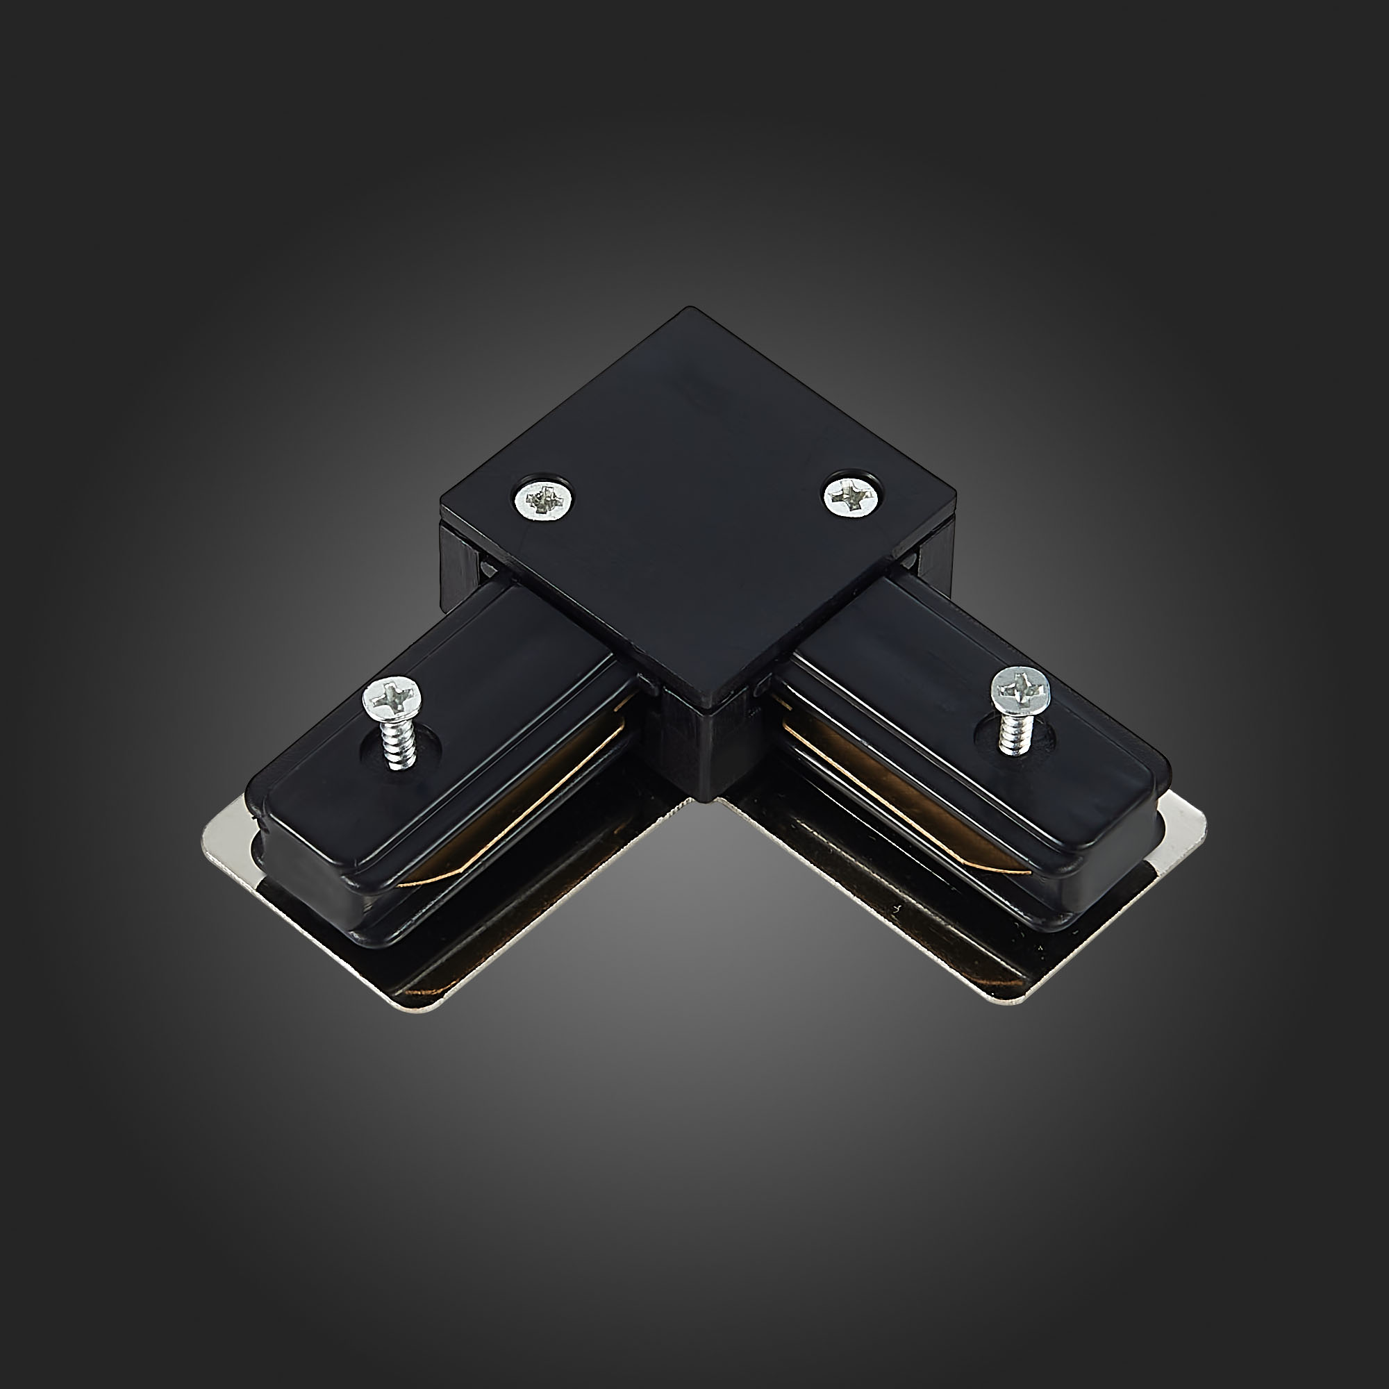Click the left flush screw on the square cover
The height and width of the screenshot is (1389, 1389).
click(545, 497)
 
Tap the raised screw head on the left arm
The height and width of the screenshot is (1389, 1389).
click(392, 697)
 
